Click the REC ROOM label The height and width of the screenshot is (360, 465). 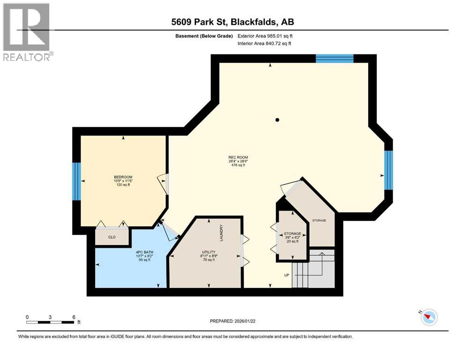(238, 157)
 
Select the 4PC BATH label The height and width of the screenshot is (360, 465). (144, 253)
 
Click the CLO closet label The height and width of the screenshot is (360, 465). (112, 237)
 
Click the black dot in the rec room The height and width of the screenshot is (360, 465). (277, 120)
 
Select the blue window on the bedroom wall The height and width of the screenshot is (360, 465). (76, 181)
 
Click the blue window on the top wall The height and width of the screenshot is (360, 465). (334, 59)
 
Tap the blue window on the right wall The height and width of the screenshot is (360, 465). (388, 170)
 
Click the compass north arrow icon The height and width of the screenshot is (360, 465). (428, 317)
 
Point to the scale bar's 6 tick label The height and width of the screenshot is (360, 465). (73, 317)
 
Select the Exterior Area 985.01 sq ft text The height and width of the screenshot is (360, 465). (268, 36)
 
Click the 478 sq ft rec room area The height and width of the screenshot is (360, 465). (238, 165)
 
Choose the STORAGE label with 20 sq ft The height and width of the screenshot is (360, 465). (292, 233)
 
